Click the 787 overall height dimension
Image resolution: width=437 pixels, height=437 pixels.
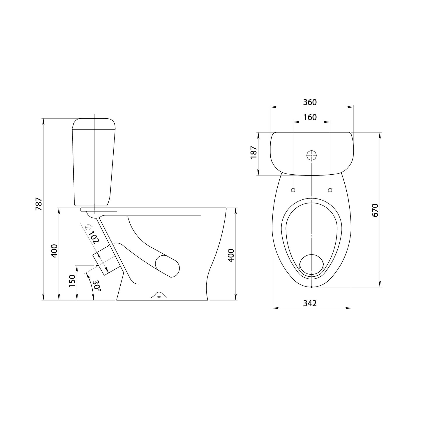point(39,204)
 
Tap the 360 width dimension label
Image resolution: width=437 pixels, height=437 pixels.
point(310,102)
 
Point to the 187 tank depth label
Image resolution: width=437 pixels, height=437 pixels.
point(253,152)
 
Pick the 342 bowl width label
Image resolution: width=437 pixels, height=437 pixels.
point(310,303)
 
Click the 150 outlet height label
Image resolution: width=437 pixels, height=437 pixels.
point(72,281)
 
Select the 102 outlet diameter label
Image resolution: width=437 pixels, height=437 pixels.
point(94,237)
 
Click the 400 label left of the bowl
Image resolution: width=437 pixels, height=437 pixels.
point(54,251)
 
